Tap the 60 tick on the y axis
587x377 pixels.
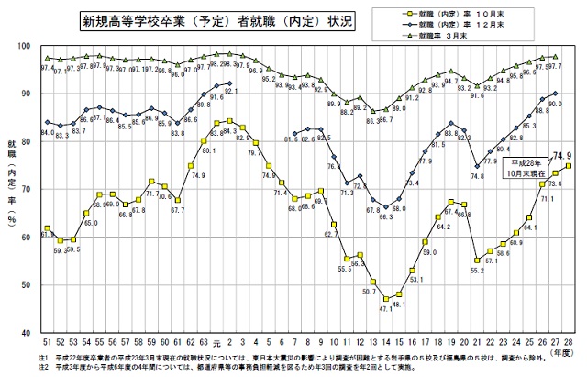pos(28,237)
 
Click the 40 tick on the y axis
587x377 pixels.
pos(28,332)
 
